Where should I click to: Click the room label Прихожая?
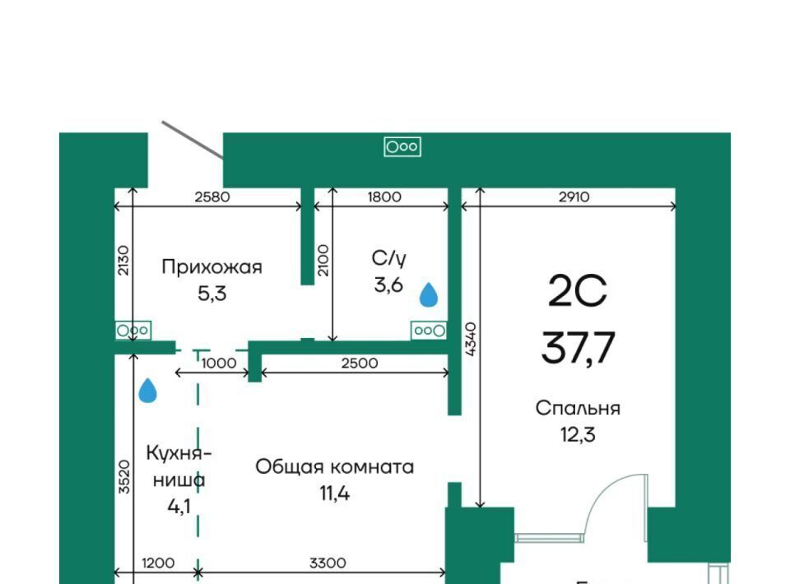(x=211, y=267)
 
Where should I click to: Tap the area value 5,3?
(x=212, y=293)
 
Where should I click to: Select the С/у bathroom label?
(x=388, y=259)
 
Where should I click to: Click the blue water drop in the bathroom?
(x=429, y=294)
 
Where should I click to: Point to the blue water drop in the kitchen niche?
(x=147, y=391)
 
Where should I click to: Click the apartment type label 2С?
(x=578, y=291)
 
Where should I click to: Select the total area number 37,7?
(x=578, y=347)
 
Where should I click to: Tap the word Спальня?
(x=578, y=408)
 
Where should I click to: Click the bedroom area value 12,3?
(x=578, y=434)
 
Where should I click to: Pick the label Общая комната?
(x=335, y=466)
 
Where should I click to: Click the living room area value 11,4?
(x=335, y=494)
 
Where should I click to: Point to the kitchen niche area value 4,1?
(x=179, y=506)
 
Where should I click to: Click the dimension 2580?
(x=212, y=197)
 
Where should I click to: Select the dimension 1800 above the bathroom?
(x=384, y=197)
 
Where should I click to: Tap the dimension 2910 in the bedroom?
(x=574, y=197)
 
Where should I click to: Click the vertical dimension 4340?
(x=470, y=340)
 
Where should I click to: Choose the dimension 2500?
(x=360, y=363)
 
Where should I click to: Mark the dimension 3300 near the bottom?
(x=328, y=563)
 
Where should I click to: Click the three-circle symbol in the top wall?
(x=402, y=146)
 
